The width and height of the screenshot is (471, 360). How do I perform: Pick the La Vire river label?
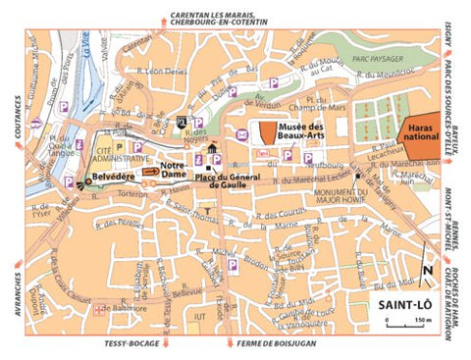(85, 43)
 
